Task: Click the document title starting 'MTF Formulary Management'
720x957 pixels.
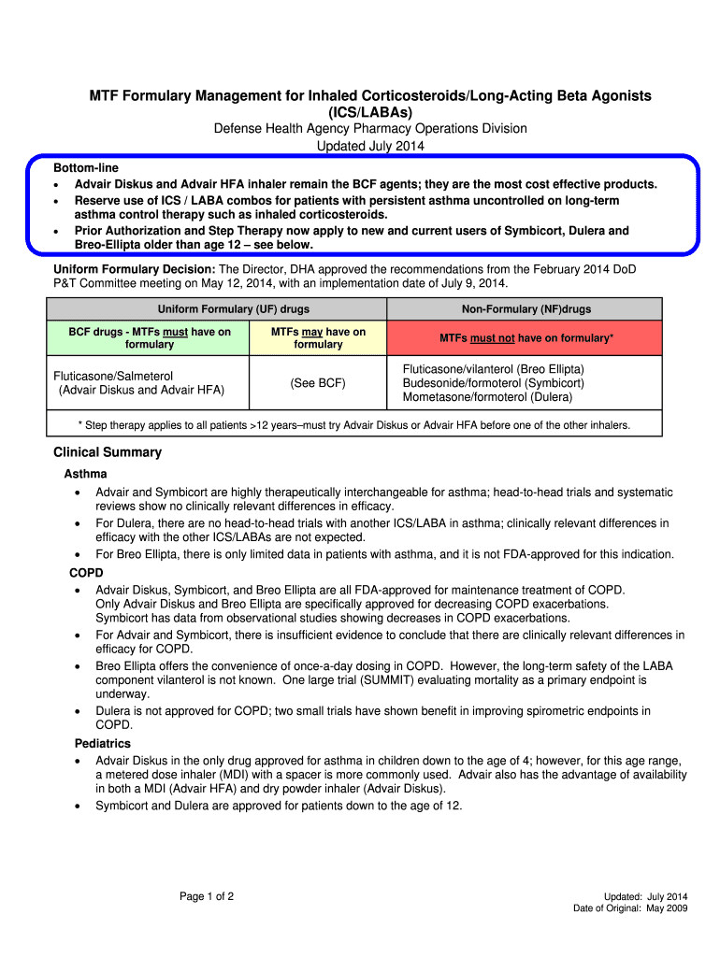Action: [370, 96]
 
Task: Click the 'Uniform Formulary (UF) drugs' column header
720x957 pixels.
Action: [234, 309]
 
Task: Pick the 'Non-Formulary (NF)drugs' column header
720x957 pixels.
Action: [526, 309]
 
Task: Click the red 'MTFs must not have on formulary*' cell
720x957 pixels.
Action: [526, 337]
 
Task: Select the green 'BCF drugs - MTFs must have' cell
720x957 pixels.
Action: [150, 337]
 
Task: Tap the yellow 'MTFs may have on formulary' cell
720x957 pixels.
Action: [318, 337]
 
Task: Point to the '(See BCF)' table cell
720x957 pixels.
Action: [318, 383]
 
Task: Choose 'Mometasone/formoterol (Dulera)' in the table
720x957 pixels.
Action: [487, 397]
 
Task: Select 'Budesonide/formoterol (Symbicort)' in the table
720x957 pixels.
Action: [493, 383]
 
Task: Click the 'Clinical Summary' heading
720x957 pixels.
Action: [108, 452]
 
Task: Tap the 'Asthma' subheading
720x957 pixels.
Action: [85, 474]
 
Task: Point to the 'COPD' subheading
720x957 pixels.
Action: [86, 572]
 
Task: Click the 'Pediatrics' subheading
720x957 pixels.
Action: [103, 744]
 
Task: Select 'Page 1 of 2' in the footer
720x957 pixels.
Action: [207, 897]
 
